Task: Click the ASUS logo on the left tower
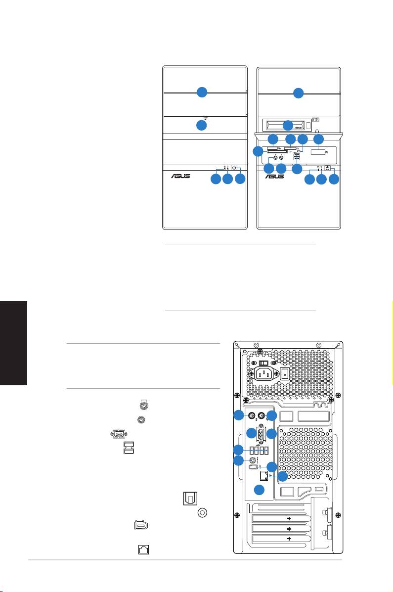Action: point(180,176)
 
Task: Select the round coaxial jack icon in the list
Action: point(202,514)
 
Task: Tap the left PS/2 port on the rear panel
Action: point(251,415)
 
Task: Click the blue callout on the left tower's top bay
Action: point(201,92)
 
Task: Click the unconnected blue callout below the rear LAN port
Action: point(258,490)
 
